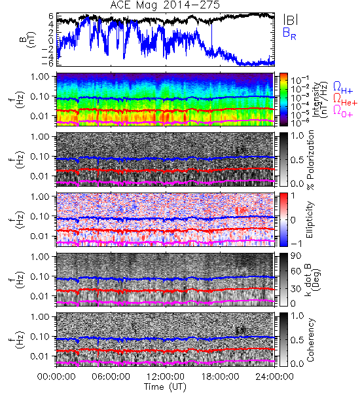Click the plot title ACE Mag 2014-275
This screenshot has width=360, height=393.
pos(165,5)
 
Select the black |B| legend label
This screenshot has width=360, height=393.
pos(290,20)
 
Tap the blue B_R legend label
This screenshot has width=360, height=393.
pos(289,33)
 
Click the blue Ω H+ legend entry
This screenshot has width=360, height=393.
pos(343,88)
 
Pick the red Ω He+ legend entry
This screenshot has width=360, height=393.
pos(345,100)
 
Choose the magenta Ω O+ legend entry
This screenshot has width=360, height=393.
pos(343,112)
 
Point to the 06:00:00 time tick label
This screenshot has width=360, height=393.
pos(111,376)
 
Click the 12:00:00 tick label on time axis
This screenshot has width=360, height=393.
pos(166,376)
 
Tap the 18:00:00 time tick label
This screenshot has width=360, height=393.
pos(220,376)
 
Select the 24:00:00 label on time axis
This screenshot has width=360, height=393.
pos(274,376)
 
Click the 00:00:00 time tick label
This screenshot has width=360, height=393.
pos(56,376)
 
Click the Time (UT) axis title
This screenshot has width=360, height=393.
pos(166,386)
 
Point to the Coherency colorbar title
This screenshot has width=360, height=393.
pos(310,340)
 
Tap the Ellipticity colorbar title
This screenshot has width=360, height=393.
pos(310,220)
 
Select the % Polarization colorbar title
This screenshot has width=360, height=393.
pos(310,160)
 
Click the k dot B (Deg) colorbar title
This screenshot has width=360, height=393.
pos(312,280)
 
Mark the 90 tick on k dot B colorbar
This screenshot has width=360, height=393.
pos(296,255)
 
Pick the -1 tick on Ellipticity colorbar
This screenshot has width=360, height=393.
pos(296,244)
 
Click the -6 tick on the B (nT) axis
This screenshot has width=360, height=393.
pos(48,64)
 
